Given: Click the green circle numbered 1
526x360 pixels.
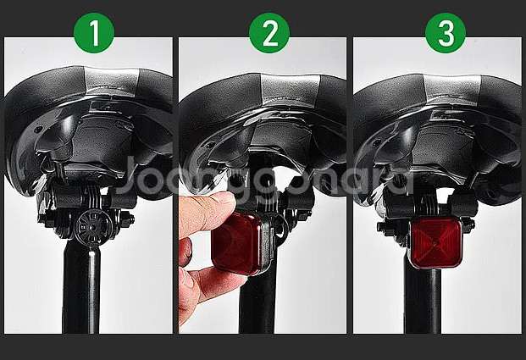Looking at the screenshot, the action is coord(94,33).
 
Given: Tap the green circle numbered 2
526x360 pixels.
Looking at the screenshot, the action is coord(269,33).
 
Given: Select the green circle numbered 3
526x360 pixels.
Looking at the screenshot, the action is coord(446,33).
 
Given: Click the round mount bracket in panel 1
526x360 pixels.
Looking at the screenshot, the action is coord(91,227).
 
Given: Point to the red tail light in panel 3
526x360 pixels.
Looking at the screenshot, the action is coord(435,241).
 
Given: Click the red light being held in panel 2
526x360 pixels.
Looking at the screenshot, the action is coord(237,243).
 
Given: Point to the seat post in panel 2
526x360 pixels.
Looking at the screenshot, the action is coord(257,302).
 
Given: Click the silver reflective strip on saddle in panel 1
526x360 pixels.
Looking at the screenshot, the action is coord(111,81).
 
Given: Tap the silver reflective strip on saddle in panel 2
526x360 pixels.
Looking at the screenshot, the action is coord(289,88).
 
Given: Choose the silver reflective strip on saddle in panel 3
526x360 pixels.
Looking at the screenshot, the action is coord(452,89).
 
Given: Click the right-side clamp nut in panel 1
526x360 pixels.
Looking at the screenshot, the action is coord(128,220).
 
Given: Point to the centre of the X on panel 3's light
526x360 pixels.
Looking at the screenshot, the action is coord(435,241).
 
